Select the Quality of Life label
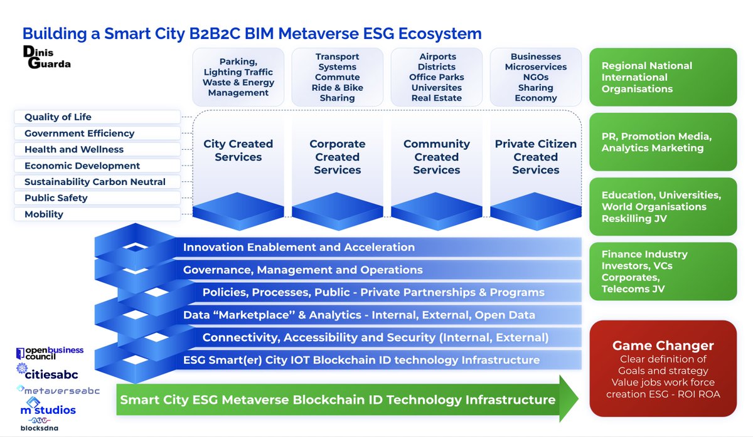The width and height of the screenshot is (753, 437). click(97, 117)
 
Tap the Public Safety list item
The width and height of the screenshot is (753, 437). click(97, 198)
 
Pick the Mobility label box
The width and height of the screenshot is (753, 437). click(97, 214)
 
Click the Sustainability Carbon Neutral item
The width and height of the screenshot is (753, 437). click(97, 182)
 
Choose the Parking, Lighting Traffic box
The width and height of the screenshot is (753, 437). click(238, 77)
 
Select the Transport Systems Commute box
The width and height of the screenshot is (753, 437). click(337, 77)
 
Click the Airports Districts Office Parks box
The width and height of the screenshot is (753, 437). click(436, 77)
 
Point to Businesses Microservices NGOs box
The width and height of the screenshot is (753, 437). click(535, 77)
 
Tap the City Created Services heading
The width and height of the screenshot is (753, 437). click(238, 150)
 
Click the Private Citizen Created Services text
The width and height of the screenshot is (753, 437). click(535, 157)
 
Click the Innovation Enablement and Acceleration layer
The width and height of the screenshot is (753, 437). click(299, 248)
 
